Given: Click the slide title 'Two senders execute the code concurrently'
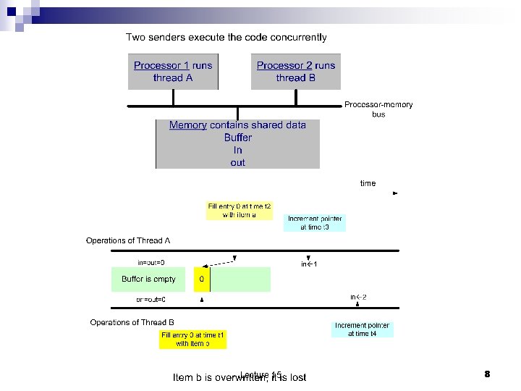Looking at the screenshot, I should coord(226,37).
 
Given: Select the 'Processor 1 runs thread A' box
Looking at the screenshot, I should coord(173,72).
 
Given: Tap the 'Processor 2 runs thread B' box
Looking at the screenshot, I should coord(296,72).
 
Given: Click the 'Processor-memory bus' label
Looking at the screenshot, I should coord(378,109).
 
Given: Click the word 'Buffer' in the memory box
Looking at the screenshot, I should coord(238,138).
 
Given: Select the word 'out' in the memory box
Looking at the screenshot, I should coord(238,163).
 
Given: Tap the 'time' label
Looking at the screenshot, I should coord(368,183).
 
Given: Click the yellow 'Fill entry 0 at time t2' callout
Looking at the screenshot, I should coord(240,211).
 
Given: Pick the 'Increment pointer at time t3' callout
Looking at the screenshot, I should coord(315,222).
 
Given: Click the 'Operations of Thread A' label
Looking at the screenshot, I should coord(128,240).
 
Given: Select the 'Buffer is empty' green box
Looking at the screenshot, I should coord(148,279).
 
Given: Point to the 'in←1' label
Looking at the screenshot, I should coord(310,264).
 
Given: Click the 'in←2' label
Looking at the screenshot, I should coord(358,297).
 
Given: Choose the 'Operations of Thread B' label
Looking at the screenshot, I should coord(132,322).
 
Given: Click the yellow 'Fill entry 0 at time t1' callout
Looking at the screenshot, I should coord(193,339).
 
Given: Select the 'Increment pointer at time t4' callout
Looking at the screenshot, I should coord(362,329).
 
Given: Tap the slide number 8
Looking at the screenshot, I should coord(487,374).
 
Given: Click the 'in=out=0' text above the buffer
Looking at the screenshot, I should coord(151,262).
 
